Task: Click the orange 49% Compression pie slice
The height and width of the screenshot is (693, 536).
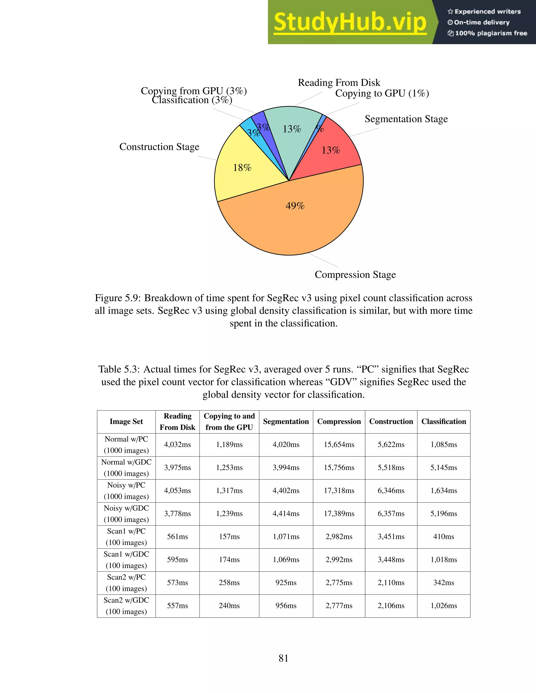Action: point(295,219)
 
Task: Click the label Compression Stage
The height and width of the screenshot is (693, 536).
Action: point(355,275)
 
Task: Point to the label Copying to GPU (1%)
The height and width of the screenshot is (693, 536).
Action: point(382,93)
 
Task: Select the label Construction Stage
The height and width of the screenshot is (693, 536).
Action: point(159,147)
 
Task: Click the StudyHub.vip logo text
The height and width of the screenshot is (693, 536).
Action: point(350,22)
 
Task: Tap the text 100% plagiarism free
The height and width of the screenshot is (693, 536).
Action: point(491,33)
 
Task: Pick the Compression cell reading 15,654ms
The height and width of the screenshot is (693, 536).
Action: point(339,445)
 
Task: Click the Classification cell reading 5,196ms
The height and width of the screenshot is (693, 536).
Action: point(443,513)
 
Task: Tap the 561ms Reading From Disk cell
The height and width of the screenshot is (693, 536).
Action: point(177,537)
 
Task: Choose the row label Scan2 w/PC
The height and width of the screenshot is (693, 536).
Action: point(126,577)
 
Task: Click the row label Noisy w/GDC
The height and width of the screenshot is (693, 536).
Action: point(126,508)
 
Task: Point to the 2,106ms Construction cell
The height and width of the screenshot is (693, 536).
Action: point(391,605)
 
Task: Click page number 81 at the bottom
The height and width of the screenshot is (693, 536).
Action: point(283,658)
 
